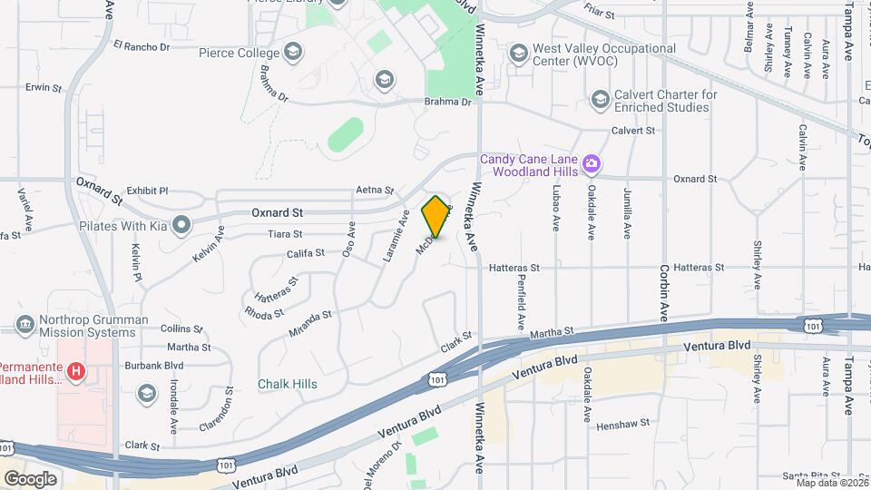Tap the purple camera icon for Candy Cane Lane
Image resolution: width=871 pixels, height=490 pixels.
point(592,163)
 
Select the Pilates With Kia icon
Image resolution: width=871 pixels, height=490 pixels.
point(182,223)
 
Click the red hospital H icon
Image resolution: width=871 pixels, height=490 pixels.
point(77,371)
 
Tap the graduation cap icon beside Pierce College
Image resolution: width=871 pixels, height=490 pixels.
point(292,52)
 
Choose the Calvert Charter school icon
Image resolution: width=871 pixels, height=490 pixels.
point(600,99)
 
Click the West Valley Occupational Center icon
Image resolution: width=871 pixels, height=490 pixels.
point(518,54)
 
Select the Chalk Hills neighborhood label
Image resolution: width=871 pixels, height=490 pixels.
point(288,384)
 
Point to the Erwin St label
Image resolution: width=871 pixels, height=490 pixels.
point(44,88)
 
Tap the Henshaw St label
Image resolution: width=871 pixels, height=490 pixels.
point(625,422)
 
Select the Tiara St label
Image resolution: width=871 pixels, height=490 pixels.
point(285,233)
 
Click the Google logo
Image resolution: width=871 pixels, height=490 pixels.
point(31,478)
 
